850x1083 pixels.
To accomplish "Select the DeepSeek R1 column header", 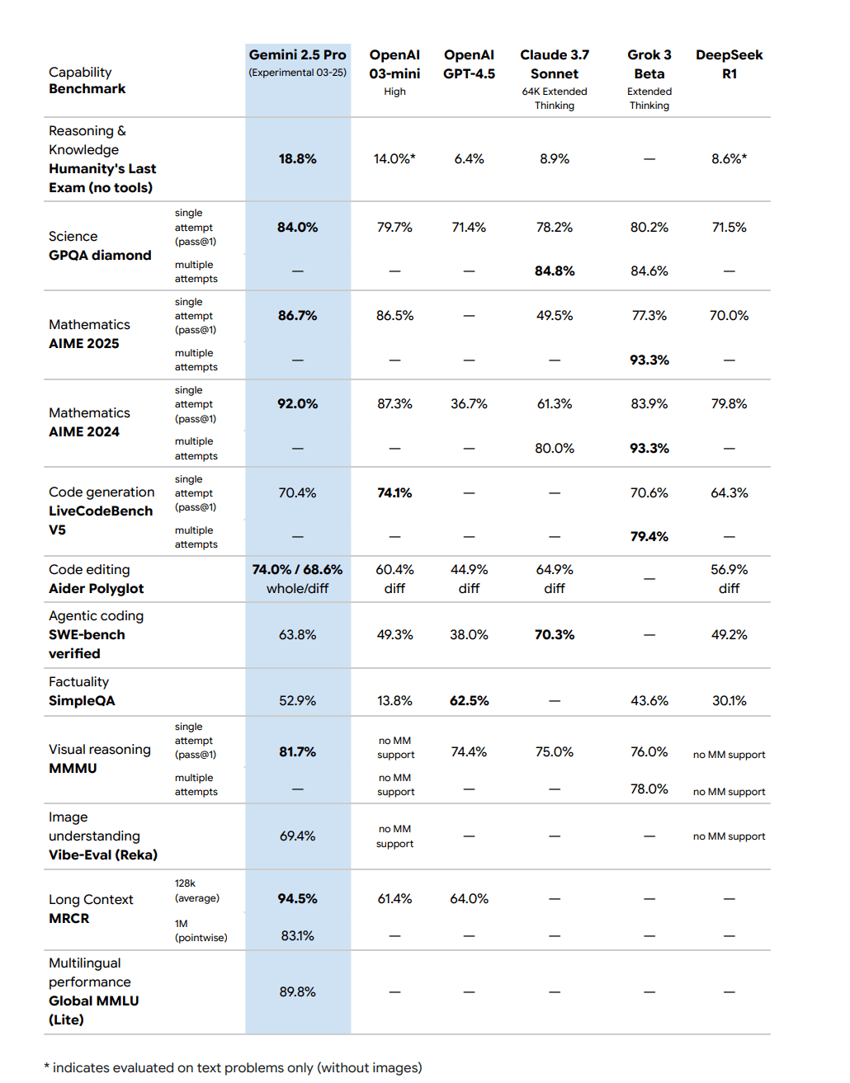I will (x=729, y=64).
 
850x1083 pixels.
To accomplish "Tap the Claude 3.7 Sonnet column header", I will (x=555, y=64).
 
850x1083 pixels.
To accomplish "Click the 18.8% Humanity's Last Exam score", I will (x=297, y=158).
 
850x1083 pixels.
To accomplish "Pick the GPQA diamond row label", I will (x=100, y=255).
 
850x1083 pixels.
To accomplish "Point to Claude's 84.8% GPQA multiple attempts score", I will (x=555, y=271).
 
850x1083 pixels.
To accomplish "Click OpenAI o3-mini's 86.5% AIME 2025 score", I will (x=394, y=315).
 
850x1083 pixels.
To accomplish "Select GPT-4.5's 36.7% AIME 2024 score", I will (x=469, y=403).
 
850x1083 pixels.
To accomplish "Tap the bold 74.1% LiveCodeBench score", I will (x=394, y=492).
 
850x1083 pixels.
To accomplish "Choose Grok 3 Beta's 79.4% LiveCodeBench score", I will (x=649, y=536).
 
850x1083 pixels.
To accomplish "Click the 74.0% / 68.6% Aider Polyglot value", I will (x=297, y=569).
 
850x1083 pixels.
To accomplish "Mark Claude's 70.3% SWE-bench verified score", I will (x=555, y=634).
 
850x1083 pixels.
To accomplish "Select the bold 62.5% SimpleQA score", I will (x=469, y=700).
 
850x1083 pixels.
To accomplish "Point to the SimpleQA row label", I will (x=82, y=700).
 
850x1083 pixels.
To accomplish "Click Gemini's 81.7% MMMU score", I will (x=297, y=751).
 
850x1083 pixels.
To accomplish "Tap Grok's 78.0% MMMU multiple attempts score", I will (x=649, y=789).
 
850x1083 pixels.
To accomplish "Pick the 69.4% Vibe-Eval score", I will (x=297, y=836).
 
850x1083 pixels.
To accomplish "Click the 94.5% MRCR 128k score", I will (x=297, y=898).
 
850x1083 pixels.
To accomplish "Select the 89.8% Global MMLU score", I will (x=297, y=991).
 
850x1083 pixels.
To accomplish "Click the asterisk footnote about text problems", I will (x=233, y=1067).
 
